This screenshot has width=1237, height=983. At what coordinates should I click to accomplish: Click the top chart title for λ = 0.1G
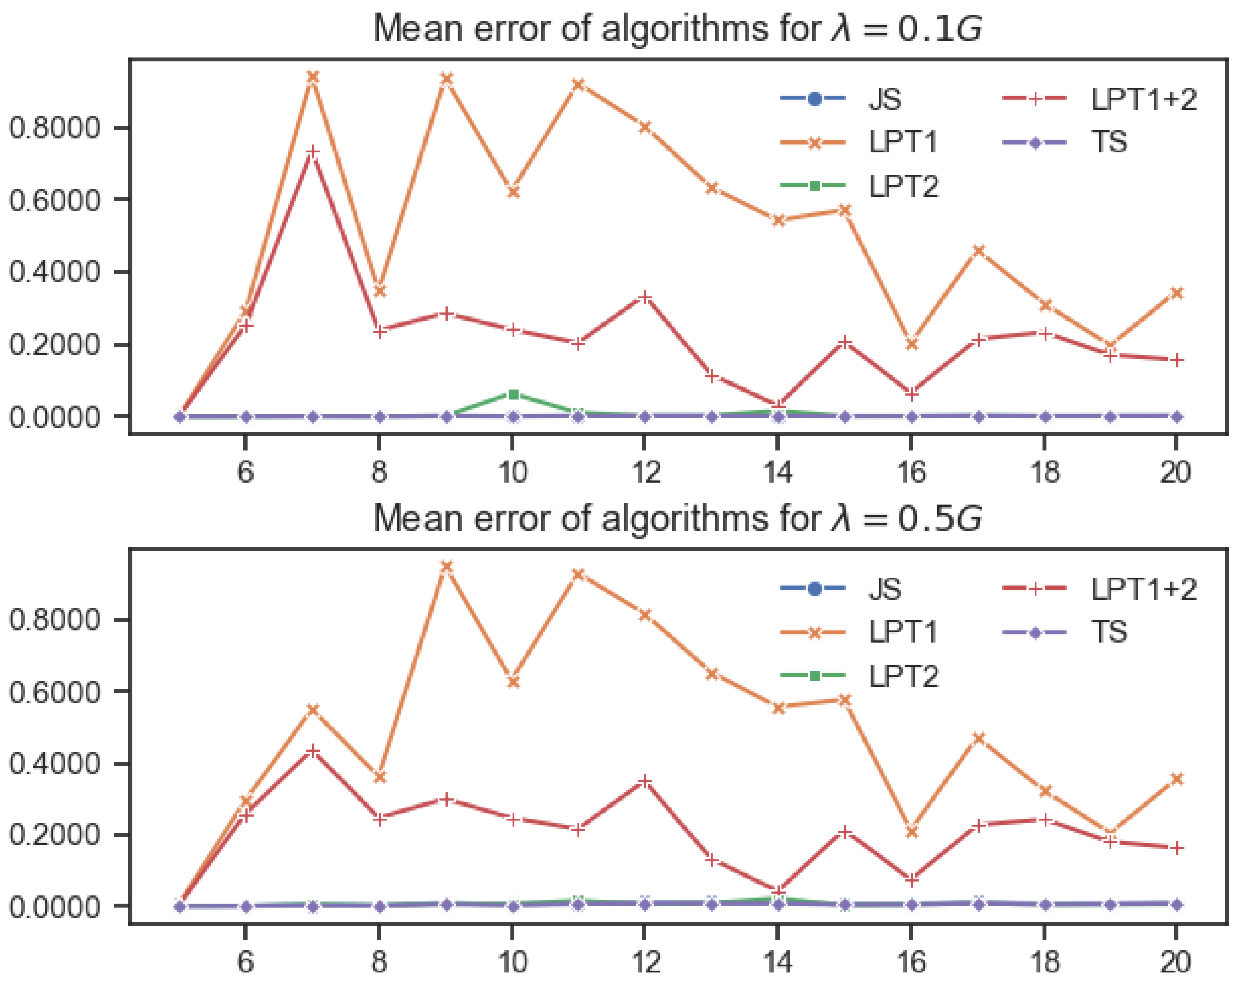pyautogui.click(x=677, y=29)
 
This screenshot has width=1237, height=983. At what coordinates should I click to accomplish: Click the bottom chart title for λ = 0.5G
pyautogui.click(x=677, y=519)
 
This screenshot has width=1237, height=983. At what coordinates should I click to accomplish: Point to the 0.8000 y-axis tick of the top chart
pyautogui.click(x=54, y=128)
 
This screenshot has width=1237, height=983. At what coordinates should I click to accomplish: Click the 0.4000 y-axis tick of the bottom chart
pyautogui.click(x=54, y=764)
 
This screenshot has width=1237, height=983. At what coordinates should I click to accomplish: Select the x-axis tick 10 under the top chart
pyautogui.click(x=512, y=473)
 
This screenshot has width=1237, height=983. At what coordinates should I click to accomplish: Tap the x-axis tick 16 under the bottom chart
pyautogui.click(x=911, y=962)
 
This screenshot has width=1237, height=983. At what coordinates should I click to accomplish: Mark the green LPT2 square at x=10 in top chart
pyautogui.click(x=514, y=394)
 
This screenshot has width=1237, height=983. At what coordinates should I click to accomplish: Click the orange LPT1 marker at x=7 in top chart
pyautogui.click(x=312, y=77)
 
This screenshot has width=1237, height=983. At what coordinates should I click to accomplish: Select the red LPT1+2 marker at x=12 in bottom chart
pyautogui.click(x=645, y=781)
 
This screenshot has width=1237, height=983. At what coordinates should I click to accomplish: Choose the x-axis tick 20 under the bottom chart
pyautogui.click(x=1176, y=962)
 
